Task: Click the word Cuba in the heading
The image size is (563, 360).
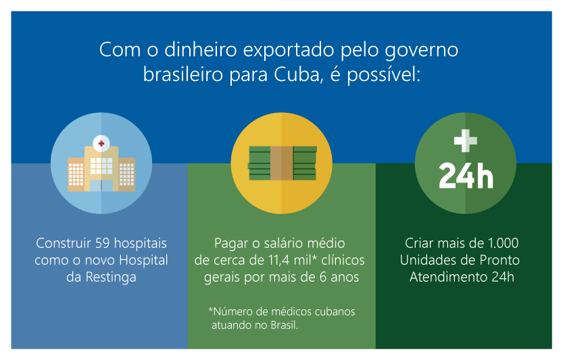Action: pyautogui.click(x=297, y=75)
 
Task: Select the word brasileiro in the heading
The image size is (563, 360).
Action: pyautogui.click(x=182, y=75)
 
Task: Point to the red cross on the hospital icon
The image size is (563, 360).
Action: pyautogui.click(x=101, y=144)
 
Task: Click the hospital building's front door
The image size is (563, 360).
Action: pyautogui.click(x=101, y=186)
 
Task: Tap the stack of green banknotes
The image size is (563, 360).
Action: pyautogui.click(x=283, y=163)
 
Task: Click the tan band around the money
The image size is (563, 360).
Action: pyautogui.click(x=282, y=163)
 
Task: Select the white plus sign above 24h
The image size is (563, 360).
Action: pyautogui.click(x=465, y=140)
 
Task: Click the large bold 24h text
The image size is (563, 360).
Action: pyautogui.click(x=466, y=176)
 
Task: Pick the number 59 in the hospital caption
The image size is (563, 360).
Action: pyautogui.click(x=102, y=243)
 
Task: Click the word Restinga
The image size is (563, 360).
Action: pyautogui.click(x=111, y=277)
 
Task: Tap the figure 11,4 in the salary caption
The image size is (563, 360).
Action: pyautogui.click(x=279, y=260)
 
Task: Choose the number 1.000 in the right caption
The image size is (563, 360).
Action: pyautogui.click(x=503, y=243)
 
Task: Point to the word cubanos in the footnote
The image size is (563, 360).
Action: pyautogui.click(x=335, y=311)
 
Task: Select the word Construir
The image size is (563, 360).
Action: pyautogui.click(x=64, y=243)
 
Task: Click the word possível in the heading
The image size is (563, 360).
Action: pyautogui.click(x=384, y=76)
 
